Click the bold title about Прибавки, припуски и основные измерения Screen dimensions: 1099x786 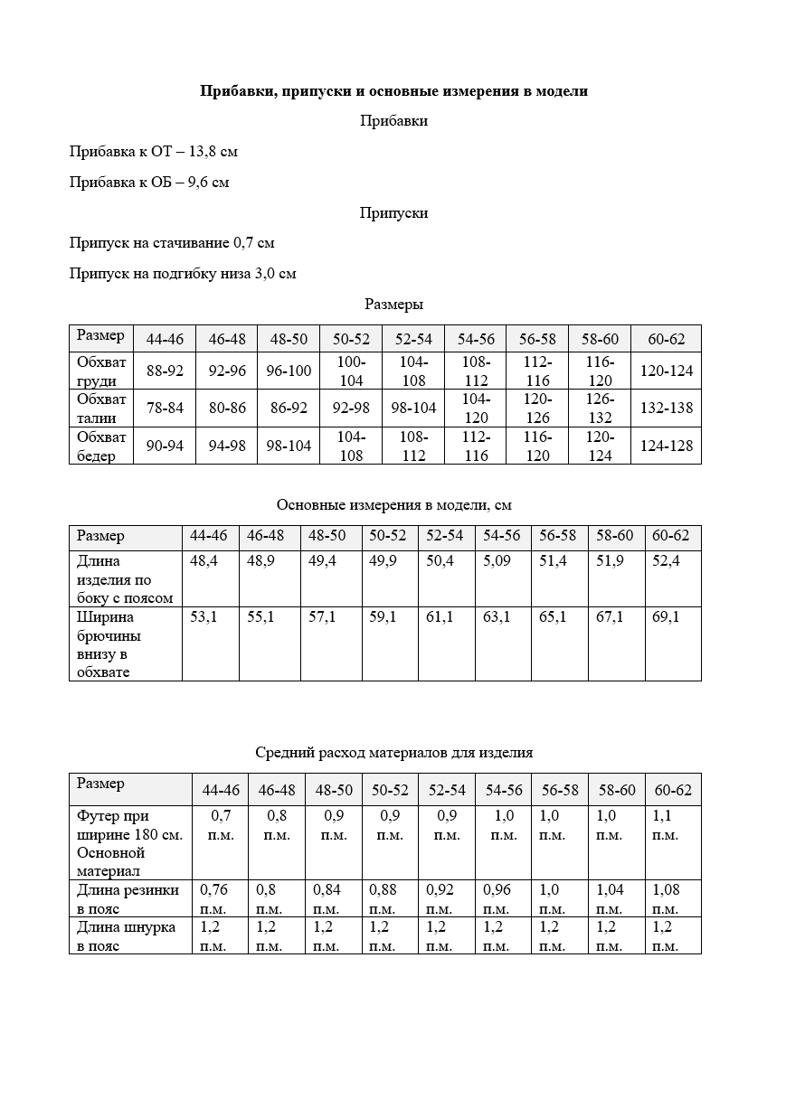pyautogui.click(x=393, y=91)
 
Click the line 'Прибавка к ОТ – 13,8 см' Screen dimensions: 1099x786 pyautogui.click(x=154, y=152)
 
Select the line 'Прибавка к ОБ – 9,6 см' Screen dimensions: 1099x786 pyautogui.click(x=149, y=183)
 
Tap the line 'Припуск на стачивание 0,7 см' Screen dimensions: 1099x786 pyautogui.click(x=172, y=243)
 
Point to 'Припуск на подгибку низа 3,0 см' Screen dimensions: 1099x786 pyautogui.click(x=183, y=274)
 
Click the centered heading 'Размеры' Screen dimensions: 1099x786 pyautogui.click(x=393, y=305)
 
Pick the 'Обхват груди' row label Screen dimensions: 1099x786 pyautogui.click(x=101, y=371)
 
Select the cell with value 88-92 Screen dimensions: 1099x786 pyautogui.click(x=165, y=371)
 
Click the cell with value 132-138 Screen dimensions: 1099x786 pyautogui.click(x=666, y=409)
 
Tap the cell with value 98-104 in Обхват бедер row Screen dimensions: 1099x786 pyautogui.click(x=289, y=446)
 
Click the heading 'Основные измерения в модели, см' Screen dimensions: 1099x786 pyautogui.click(x=393, y=504)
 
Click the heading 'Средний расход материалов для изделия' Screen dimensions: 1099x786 pyautogui.click(x=393, y=752)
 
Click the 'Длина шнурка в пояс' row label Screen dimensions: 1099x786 pyautogui.click(x=126, y=936)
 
